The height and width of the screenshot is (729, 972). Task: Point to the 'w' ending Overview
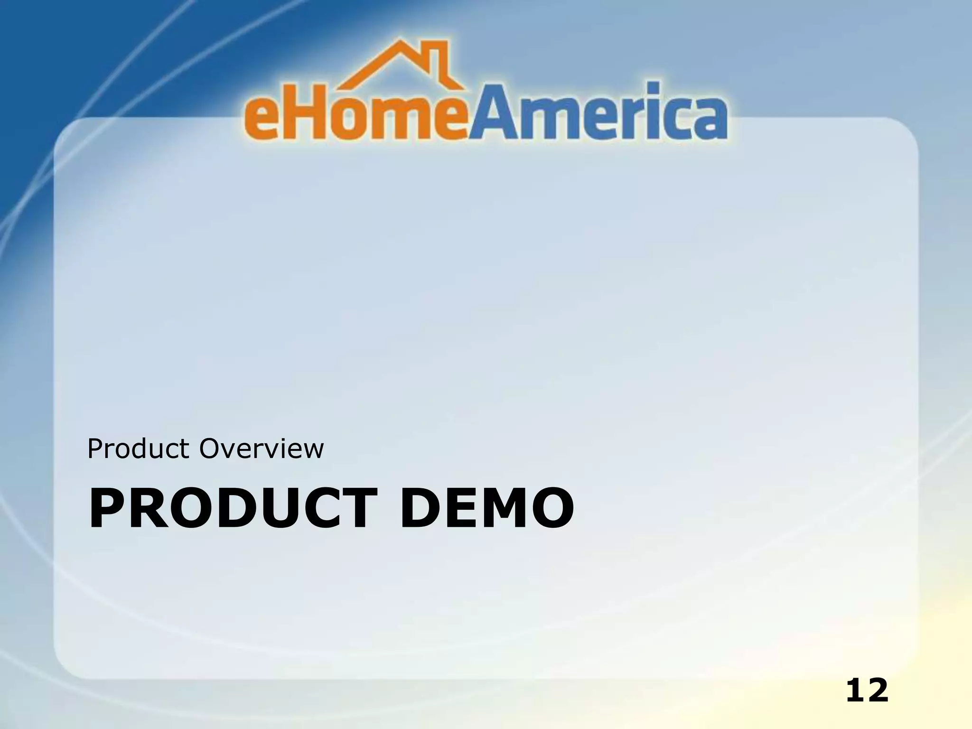point(311,451)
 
